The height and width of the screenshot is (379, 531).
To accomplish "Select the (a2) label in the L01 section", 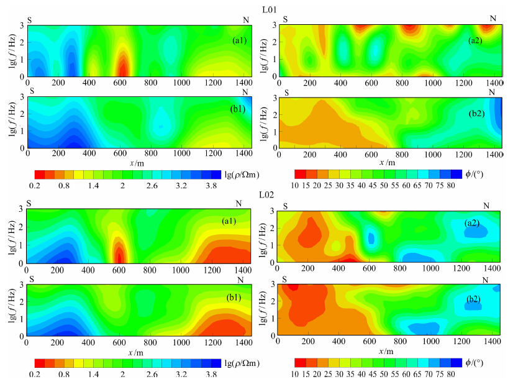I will [x=478, y=40].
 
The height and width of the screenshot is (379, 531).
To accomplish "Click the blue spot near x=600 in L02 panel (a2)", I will [x=371, y=237].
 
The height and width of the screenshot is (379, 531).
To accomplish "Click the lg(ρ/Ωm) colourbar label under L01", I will [x=243, y=173].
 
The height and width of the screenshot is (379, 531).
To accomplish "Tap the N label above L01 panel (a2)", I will [x=493, y=19].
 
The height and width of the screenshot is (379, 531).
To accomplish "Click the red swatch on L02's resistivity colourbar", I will [x=39, y=362].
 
